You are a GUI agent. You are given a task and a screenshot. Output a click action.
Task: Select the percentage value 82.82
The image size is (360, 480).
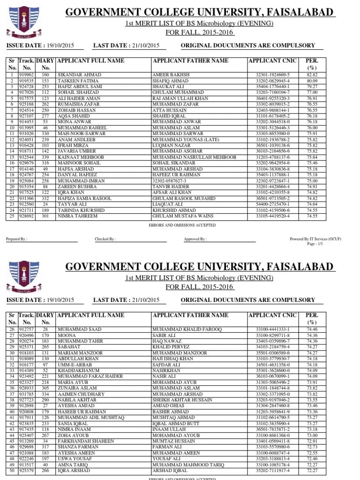pos(312,75)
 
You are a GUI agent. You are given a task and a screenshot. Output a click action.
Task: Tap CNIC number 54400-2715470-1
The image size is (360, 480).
pos(273,204)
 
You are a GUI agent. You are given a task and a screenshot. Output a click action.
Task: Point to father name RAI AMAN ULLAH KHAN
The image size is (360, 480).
pos(180,99)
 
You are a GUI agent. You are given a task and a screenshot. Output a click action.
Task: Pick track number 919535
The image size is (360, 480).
pos(26,81)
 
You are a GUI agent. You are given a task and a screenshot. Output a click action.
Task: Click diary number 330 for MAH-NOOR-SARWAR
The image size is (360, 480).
pos(45,134)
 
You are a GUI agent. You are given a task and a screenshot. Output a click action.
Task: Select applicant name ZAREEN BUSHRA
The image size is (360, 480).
pos(77,187)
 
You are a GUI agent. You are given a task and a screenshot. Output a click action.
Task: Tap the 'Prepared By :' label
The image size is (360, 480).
pos(16,239)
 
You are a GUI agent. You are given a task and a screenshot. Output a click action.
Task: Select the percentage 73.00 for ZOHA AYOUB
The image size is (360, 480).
pos(312,435)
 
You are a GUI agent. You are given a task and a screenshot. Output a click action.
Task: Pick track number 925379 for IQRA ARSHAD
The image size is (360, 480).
pos(26,471)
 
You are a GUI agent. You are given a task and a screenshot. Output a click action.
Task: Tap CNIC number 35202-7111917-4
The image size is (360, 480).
pos(273,471)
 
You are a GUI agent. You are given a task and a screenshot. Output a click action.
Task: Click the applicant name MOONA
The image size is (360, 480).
pos(66,336)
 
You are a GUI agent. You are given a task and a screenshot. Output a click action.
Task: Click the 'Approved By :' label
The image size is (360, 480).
pos(195,239)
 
